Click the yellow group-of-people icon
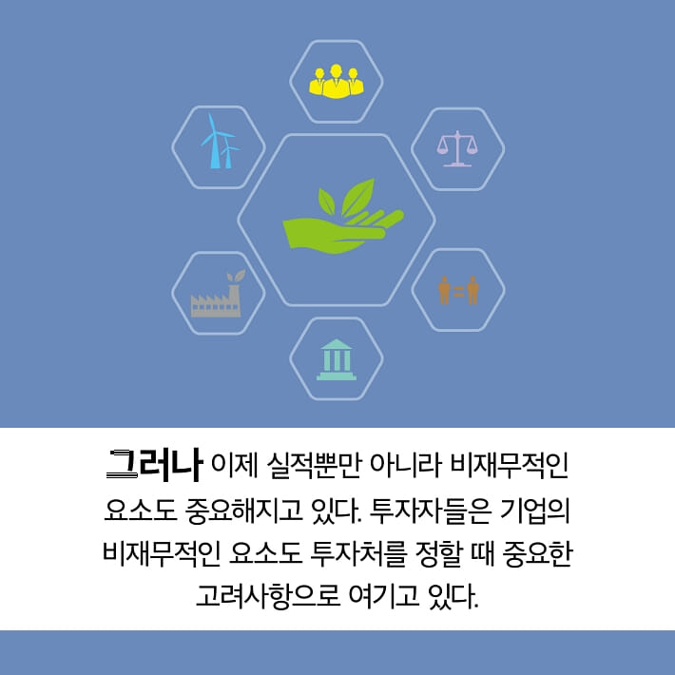click(337, 82)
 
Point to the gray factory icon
click(217, 297)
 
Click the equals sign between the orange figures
click(458, 290)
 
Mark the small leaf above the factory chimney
click(239, 276)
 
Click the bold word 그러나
click(154, 465)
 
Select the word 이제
click(233, 468)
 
